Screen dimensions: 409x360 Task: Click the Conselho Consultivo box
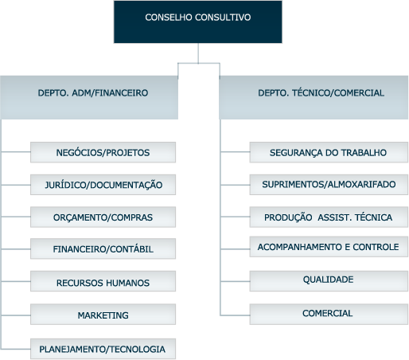(x=198, y=22)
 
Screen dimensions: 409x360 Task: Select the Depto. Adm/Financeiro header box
(x=89, y=97)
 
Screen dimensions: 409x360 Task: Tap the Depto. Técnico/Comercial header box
(x=314, y=97)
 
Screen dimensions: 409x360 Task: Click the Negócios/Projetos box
(x=103, y=152)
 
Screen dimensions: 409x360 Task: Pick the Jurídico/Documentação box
(x=103, y=185)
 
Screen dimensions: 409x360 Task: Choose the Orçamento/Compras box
(x=103, y=217)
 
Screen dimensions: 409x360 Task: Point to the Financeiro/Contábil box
(x=103, y=248)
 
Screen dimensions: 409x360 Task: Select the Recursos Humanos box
(x=103, y=281)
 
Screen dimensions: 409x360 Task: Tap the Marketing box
(x=103, y=315)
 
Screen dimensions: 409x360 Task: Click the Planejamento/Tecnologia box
(x=103, y=349)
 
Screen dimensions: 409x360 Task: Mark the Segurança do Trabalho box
(x=329, y=152)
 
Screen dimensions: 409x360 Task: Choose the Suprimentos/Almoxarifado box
(x=329, y=185)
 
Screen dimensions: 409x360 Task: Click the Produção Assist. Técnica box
(x=329, y=217)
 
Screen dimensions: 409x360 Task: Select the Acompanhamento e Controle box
(x=329, y=247)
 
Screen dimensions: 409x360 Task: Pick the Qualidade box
(x=329, y=281)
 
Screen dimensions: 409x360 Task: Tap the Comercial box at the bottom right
(x=329, y=315)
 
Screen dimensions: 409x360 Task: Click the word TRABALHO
(x=364, y=153)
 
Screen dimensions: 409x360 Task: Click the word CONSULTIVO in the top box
(x=223, y=18)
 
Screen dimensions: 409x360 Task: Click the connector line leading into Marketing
(x=16, y=315)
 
